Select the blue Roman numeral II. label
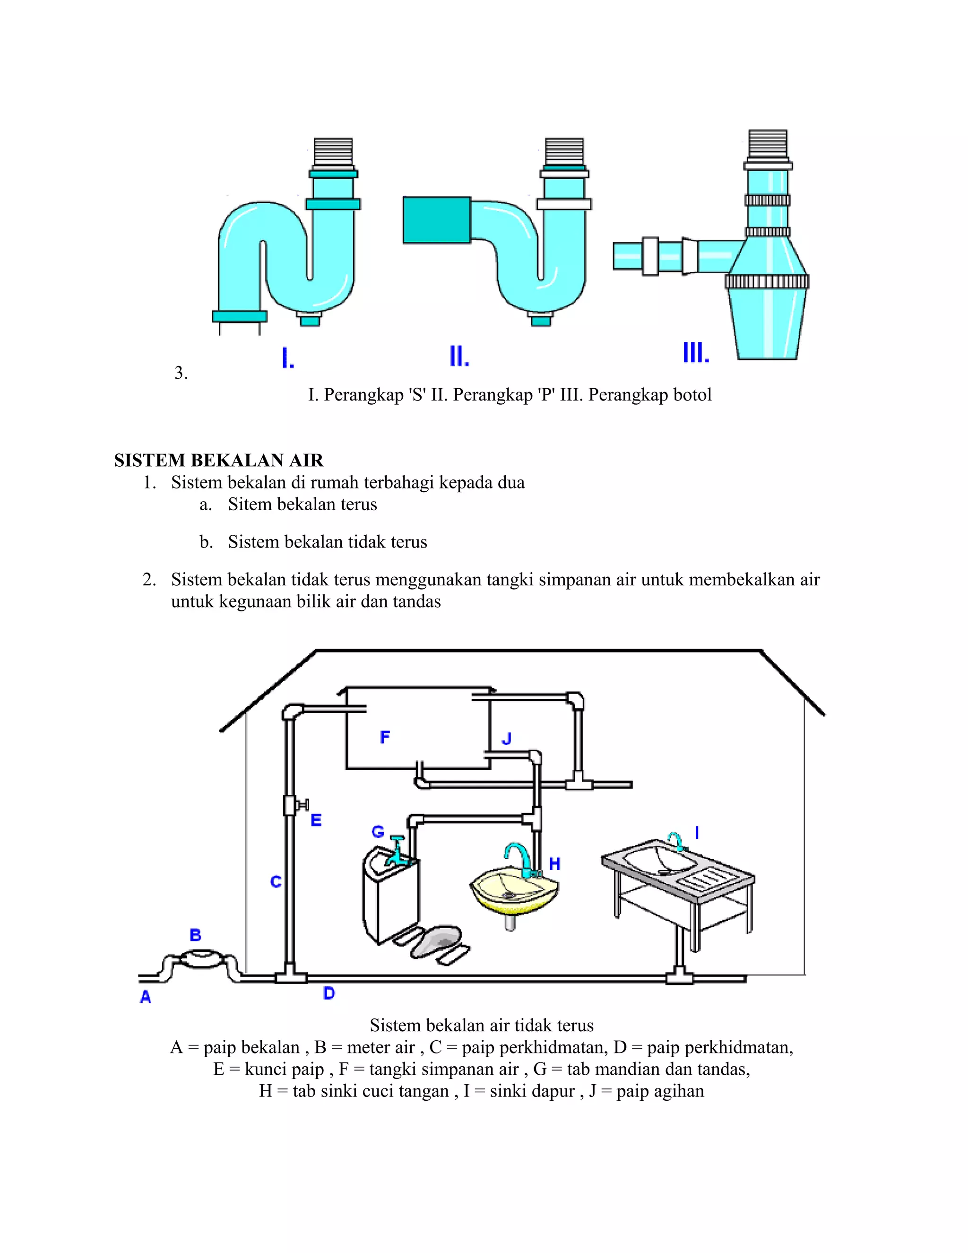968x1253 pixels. click(459, 357)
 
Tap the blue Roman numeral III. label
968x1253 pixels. click(696, 352)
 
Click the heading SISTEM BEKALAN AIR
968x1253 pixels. click(218, 460)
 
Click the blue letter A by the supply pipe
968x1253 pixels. click(146, 997)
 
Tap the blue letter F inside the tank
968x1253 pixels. click(385, 737)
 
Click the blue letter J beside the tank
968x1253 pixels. click(506, 739)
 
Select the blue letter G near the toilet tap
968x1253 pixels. click(378, 831)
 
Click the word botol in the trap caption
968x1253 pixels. click(692, 395)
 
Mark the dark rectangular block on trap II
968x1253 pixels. click(436, 220)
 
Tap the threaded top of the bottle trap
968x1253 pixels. click(768, 144)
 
